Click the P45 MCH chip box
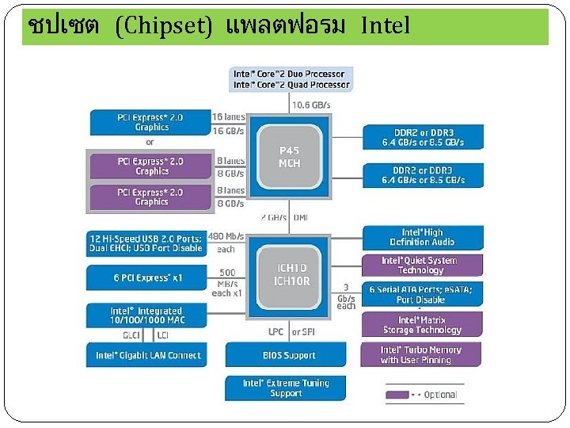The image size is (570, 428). [x=290, y=157]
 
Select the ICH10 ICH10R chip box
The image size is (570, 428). [x=291, y=274]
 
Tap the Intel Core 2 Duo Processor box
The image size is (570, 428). [x=291, y=79]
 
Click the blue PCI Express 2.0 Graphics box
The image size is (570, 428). [x=150, y=122]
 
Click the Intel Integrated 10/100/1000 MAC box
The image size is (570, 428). [x=147, y=315]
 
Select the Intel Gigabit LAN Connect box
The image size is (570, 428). [x=147, y=355]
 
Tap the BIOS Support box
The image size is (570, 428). [x=289, y=355]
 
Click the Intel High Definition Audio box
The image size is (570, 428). [x=421, y=237]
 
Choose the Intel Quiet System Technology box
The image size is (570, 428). [x=420, y=266]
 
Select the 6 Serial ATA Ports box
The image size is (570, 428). [x=420, y=295]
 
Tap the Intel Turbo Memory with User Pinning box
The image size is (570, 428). [x=420, y=354]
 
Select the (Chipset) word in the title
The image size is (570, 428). [x=164, y=27]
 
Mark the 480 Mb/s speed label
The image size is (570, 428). [x=225, y=235]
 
